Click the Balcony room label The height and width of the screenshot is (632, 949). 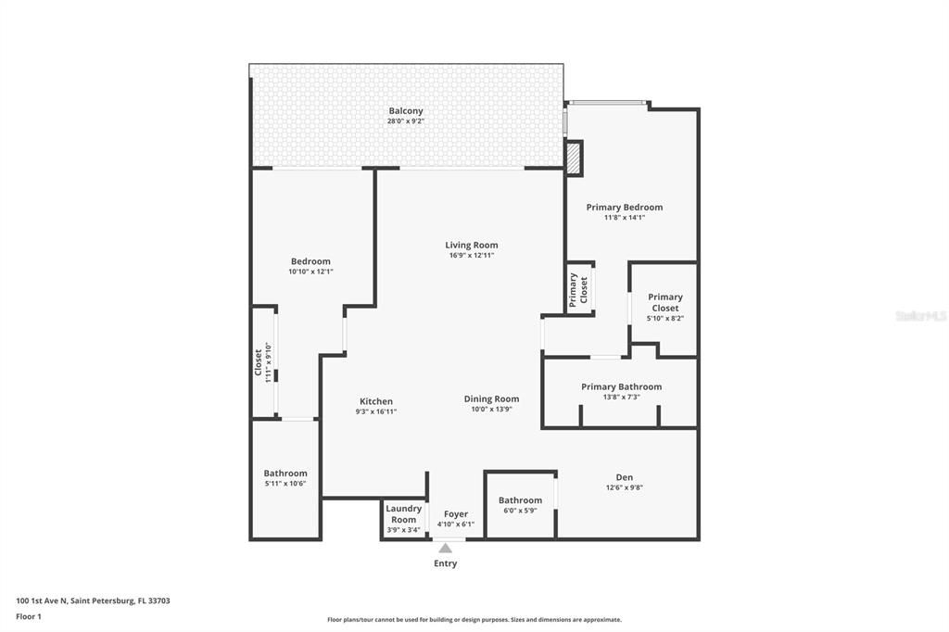406,111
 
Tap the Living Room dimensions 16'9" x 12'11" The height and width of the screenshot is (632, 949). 471,256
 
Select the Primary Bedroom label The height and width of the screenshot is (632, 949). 625,208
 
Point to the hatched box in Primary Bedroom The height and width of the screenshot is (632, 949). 575,158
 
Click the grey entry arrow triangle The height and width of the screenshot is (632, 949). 445,549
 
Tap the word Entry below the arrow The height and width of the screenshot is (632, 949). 445,563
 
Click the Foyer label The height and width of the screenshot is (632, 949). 456,514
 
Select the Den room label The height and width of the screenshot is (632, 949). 625,477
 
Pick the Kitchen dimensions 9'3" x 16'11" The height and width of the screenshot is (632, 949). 375,412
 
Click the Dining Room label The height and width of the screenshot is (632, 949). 491,399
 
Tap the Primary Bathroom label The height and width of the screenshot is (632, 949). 621,386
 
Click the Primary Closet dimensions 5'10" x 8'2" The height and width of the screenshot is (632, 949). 664,319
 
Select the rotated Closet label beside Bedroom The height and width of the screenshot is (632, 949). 259,361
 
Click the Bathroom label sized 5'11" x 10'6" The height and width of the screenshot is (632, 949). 285,474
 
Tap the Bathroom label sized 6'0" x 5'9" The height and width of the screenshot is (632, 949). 520,500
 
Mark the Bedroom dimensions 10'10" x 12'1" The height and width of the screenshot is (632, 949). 310,272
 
